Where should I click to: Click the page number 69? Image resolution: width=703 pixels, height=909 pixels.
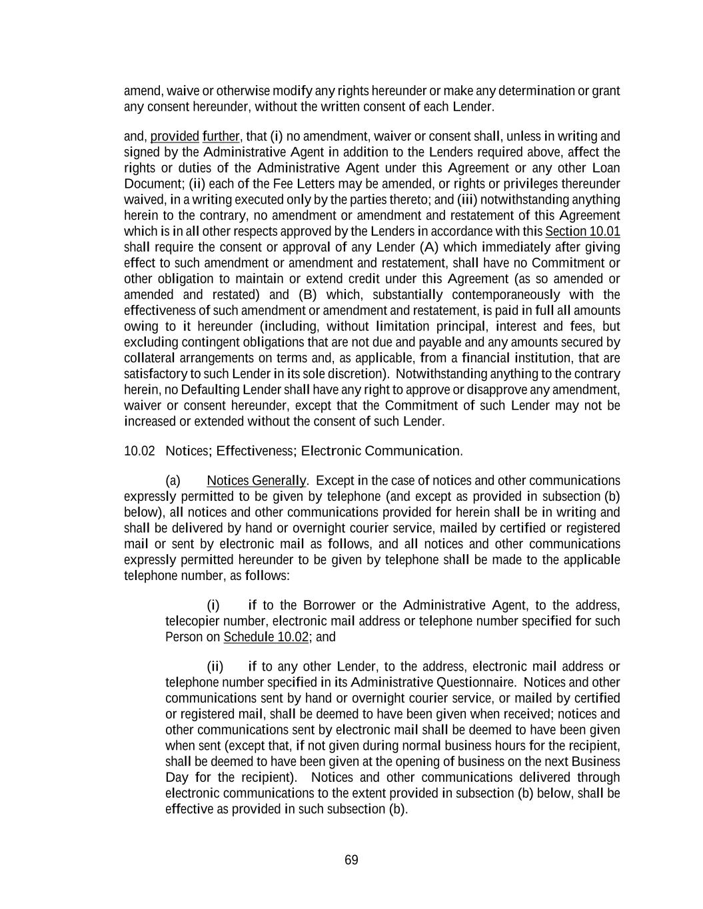tap(351, 860)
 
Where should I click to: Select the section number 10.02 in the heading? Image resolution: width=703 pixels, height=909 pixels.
tap(139, 451)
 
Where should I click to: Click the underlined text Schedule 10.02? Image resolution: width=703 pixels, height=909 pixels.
tap(266, 637)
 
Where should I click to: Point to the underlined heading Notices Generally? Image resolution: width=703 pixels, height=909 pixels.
tap(256, 480)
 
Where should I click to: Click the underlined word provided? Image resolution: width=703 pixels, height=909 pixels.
tap(175, 137)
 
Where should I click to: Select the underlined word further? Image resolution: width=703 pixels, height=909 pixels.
tap(221, 137)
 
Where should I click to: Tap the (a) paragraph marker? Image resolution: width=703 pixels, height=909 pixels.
tap(173, 480)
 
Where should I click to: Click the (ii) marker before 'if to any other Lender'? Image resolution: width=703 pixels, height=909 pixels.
tap(215, 667)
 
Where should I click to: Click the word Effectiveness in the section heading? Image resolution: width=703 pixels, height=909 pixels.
tap(254, 451)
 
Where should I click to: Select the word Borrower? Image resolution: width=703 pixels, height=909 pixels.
tap(329, 605)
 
